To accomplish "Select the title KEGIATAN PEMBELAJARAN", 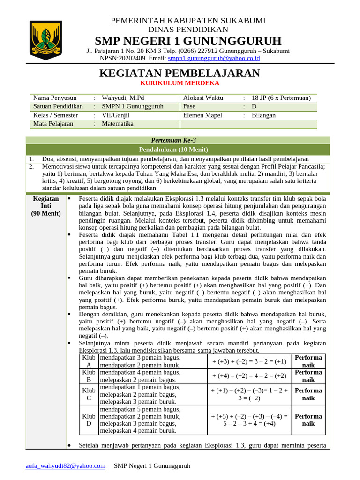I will coord(180,73).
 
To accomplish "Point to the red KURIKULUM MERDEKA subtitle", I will coord(180,83).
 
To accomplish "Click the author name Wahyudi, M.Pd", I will coord(123,98).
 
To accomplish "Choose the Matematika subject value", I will coord(118,124).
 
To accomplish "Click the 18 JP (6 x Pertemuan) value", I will coord(281,98).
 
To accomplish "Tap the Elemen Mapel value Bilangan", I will coord(263,115).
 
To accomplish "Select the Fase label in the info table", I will coord(189,106).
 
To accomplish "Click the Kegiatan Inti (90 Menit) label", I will coord(46,206).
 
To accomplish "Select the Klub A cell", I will coord(89,361).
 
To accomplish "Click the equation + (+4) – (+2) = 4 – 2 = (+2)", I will coord(249,376).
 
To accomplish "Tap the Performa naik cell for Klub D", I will coord(308,420).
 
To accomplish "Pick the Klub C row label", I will coord(89,394).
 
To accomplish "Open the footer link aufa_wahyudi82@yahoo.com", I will coord(65,465).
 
